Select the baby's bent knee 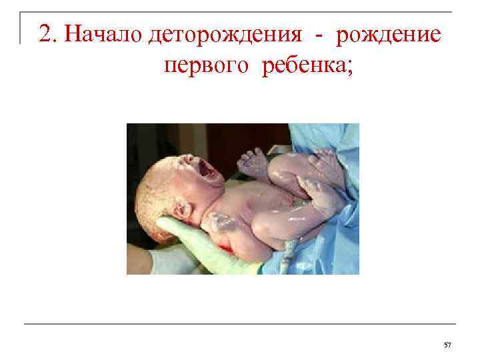pos(279,175)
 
